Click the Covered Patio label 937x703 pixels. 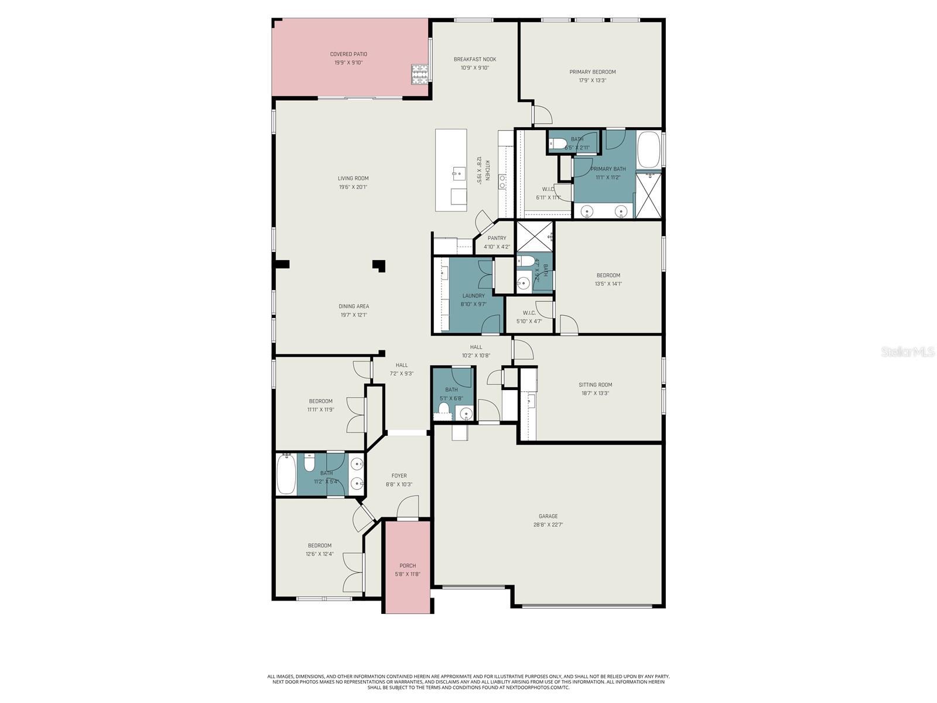(x=348, y=54)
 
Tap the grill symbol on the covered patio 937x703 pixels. (x=419, y=73)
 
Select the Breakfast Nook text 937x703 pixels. (x=474, y=59)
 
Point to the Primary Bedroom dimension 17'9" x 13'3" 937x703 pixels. (x=593, y=80)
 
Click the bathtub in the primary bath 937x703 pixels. (x=648, y=151)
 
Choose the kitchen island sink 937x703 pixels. (x=459, y=172)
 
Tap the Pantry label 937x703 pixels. (x=497, y=238)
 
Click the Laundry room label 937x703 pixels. (x=473, y=296)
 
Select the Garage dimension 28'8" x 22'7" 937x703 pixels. (x=548, y=525)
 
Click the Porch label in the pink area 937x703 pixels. (x=408, y=566)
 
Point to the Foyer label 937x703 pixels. (x=399, y=476)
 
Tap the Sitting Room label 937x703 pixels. (x=595, y=385)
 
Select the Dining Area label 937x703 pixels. (x=354, y=306)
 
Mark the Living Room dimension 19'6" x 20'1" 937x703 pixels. (x=353, y=187)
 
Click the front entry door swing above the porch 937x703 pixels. (x=408, y=507)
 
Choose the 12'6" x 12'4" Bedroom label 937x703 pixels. (x=320, y=545)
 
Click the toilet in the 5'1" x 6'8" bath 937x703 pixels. (x=443, y=408)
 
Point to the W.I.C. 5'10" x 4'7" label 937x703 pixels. (x=529, y=313)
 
